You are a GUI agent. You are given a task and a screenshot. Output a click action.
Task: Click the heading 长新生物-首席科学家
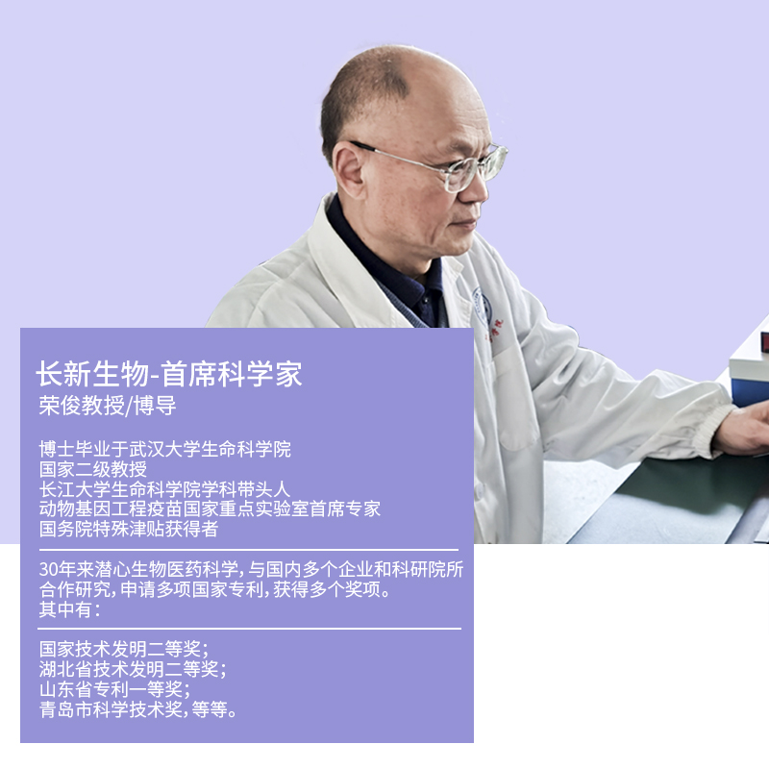(169, 374)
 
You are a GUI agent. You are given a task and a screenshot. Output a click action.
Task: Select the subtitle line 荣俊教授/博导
(108, 406)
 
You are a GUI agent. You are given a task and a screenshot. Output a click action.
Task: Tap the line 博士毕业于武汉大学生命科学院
(165, 449)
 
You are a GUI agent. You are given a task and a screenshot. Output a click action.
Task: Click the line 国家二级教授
(93, 469)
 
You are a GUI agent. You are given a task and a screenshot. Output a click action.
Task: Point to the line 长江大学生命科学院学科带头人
(164, 489)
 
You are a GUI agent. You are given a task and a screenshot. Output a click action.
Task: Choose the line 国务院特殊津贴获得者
(129, 529)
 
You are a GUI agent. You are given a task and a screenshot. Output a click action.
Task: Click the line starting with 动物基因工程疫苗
(210, 509)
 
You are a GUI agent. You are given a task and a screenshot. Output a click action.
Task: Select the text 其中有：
(70, 609)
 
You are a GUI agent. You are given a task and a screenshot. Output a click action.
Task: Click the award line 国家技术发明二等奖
(124, 650)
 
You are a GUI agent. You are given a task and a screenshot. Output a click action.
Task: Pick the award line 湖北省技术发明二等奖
(133, 669)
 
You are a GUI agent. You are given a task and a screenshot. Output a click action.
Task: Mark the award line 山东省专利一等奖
(114, 689)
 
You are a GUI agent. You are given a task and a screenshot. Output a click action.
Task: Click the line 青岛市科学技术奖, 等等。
(138, 709)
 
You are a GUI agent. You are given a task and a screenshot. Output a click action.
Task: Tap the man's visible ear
(349, 170)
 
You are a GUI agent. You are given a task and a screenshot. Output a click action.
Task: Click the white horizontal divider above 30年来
(249, 550)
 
